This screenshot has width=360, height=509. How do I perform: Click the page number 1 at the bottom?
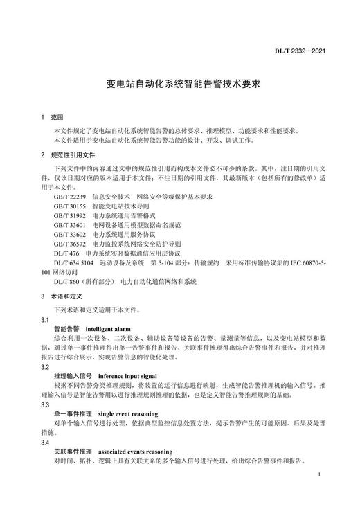pos(317,476)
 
